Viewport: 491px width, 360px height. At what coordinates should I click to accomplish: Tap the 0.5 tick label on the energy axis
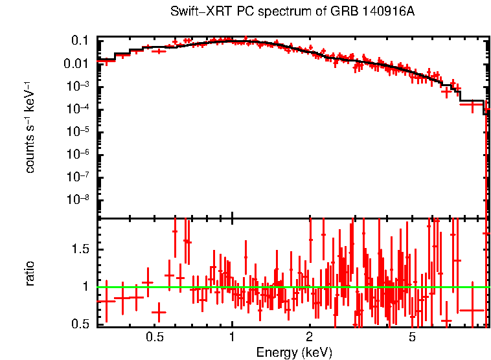click(154, 337)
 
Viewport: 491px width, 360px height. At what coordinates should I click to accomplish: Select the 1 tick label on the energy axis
click(232, 337)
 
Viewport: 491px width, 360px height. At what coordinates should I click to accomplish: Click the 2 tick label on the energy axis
click(310, 337)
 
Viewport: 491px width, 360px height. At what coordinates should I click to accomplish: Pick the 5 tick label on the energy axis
click(413, 337)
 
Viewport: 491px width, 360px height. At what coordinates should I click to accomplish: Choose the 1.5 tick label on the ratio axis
click(81, 249)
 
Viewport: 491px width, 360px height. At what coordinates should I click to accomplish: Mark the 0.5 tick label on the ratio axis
click(81, 323)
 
